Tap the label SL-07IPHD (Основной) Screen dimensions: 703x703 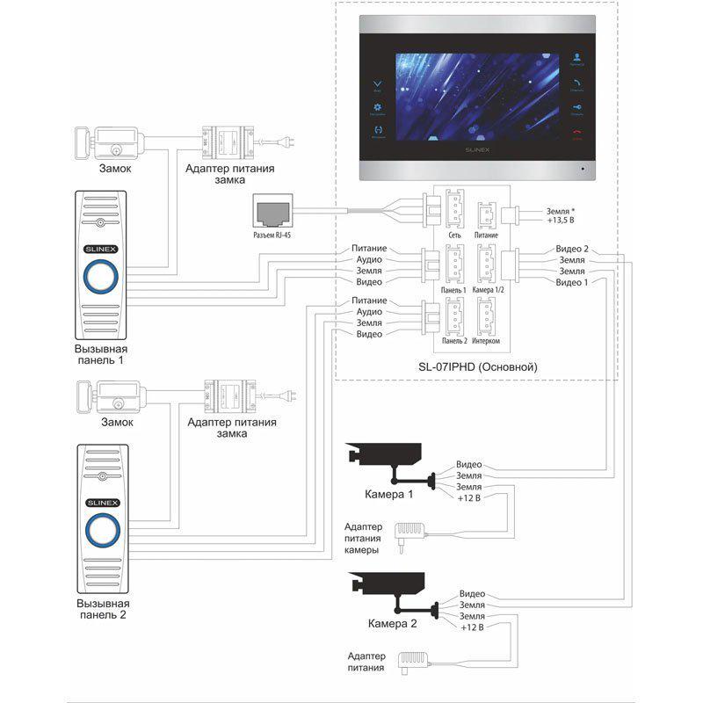(x=478, y=366)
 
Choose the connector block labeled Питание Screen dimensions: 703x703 (x=486, y=215)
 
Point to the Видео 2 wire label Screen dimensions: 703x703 (x=572, y=250)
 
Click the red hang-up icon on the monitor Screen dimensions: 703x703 (x=576, y=134)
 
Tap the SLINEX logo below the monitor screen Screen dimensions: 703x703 (x=478, y=150)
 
